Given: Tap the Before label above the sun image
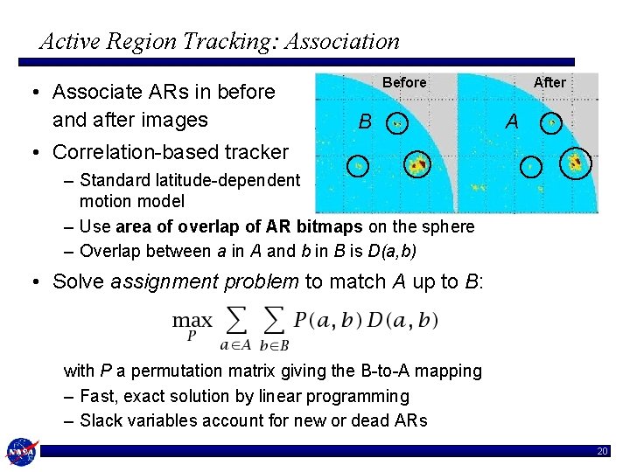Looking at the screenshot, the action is [404, 83].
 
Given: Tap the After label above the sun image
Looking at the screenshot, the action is [549, 82].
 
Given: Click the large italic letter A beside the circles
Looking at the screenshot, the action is [514, 122].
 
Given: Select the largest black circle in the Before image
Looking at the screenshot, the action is [418, 163].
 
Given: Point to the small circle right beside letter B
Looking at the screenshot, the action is [397, 123].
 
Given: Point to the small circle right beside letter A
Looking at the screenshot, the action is [551, 123].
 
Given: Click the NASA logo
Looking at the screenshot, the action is [20, 452].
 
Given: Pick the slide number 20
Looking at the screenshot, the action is [601, 452].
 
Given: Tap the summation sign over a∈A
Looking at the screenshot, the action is [234, 321].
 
